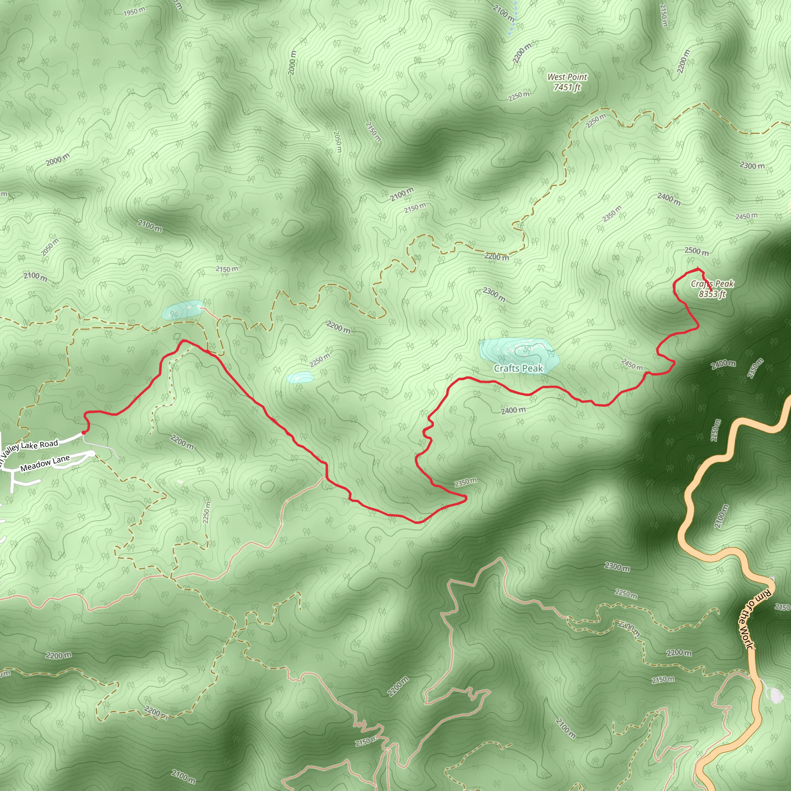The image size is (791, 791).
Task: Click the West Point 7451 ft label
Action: [x=567, y=82]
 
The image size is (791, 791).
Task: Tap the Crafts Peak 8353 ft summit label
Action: [x=712, y=289]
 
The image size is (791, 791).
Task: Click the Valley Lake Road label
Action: [x=29, y=449]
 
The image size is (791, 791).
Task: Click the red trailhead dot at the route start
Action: [x=83, y=432]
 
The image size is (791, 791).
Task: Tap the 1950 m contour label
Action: [x=134, y=12]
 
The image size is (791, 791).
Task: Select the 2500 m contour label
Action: [x=696, y=251]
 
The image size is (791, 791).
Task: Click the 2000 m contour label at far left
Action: [x=57, y=159]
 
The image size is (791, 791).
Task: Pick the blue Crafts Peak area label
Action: [x=518, y=368]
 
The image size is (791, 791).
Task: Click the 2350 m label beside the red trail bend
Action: [x=465, y=483]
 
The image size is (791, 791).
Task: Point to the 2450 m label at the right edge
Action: [x=746, y=216]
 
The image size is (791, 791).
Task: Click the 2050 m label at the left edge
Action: [x=49, y=247]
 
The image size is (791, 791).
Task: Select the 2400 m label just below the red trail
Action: [x=513, y=410]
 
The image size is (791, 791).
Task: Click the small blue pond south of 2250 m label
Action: [x=300, y=377]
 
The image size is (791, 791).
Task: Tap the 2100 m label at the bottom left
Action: [x=183, y=775]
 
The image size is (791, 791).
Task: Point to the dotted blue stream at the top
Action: [x=513, y=19]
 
